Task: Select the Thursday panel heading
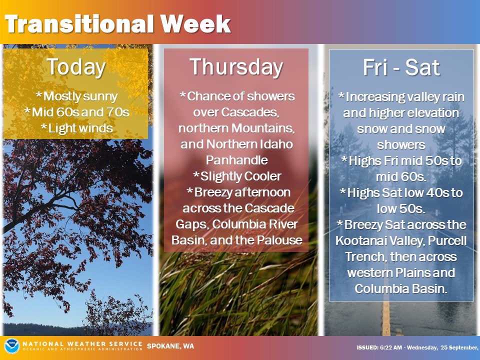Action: (x=236, y=67)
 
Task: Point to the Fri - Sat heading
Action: (x=401, y=67)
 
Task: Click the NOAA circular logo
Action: (x=12, y=346)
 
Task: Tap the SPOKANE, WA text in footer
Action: (x=170, y=346)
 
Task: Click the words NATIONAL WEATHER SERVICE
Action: (x=82, y=344)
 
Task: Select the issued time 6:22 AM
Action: (x=391, y=347)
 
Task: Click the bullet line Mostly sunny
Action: (x=76, y=96)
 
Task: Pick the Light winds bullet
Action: (x=76, y=128)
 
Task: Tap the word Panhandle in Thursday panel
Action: (x=236, y=160)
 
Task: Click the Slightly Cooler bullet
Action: (x=237, y=176)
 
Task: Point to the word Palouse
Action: (x=279, y=240)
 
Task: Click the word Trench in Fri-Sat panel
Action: (x=364, y=256)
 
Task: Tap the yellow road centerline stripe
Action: (x=386, y=318)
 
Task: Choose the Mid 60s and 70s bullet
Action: (x=76, y=112)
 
